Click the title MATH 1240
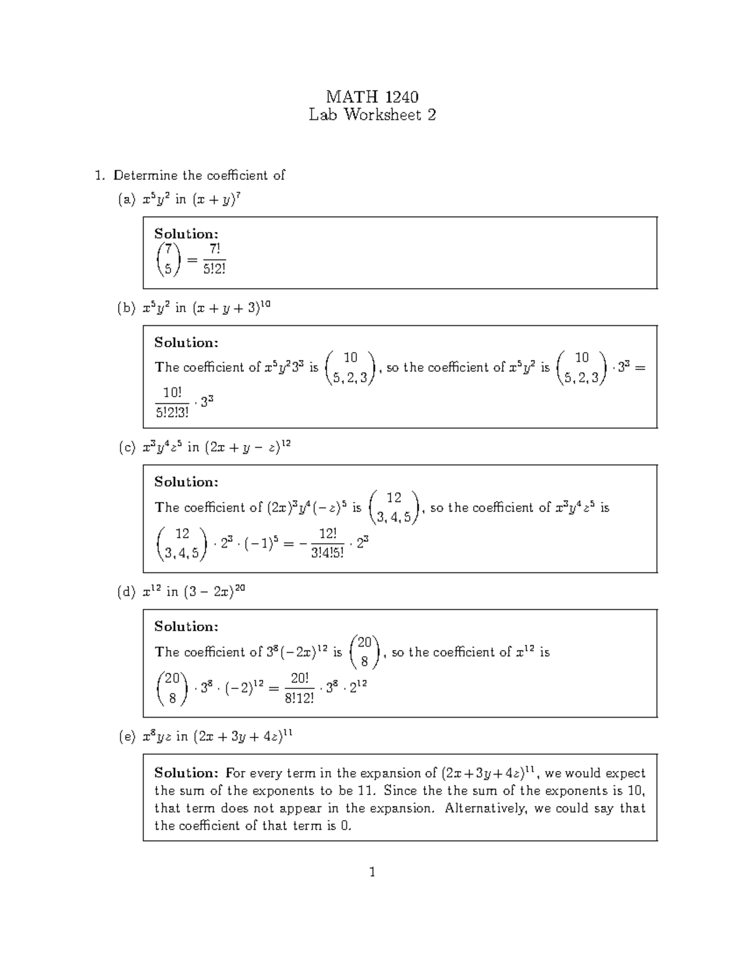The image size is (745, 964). [372, 97]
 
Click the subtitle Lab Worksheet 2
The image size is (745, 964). [372, 115]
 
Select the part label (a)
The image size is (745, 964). [126, 200]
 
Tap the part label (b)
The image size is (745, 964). [126, 309]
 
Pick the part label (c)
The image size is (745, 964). [126, 448]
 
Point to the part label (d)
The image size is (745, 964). [126, 592]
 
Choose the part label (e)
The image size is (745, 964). [126, 737]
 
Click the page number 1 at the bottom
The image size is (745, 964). [372, 873]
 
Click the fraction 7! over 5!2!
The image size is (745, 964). [213, 259]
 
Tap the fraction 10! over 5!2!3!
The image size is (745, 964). [172, 402]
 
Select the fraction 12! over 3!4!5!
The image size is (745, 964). [327, 543]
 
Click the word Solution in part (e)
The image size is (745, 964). [186, 773]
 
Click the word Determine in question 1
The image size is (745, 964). [145, 176]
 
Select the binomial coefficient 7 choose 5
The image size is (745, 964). [168, 259]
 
